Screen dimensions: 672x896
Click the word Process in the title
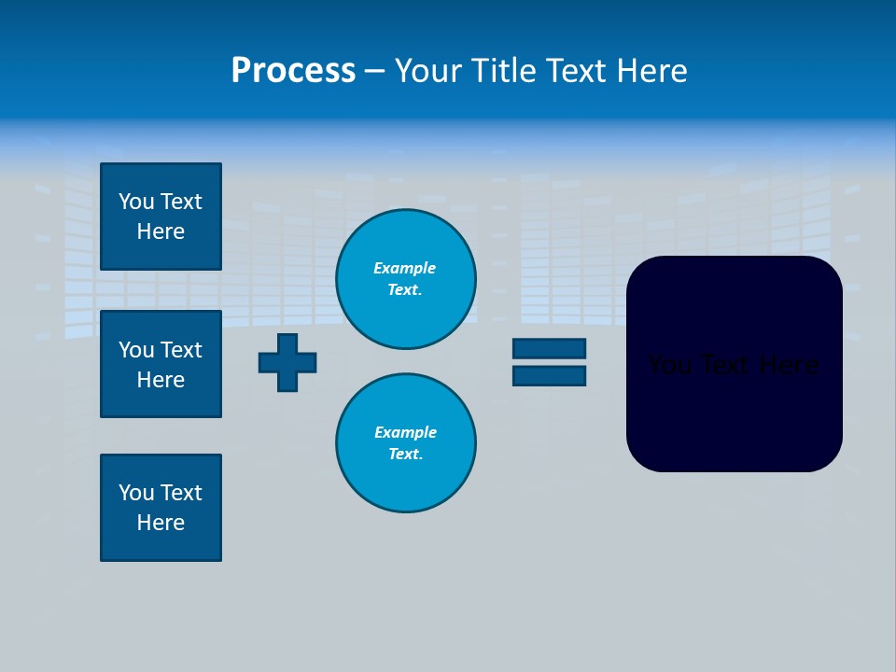tap(293, 71)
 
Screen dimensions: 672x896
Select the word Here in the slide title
tap(651, 71)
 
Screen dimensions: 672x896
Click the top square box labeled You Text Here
tap(161, 217)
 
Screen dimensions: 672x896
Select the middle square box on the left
tap(161, 364)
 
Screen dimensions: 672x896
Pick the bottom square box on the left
tap(161, 508)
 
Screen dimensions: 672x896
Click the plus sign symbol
tap(287, 362)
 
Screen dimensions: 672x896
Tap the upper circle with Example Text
tap(406, 279)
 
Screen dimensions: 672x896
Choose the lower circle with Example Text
tap(406, 443)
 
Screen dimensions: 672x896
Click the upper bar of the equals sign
tap(549, 348)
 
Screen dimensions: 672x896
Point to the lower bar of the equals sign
tap(549, 375)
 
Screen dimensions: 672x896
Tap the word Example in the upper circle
tap(404, 268)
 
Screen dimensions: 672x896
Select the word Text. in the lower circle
tap(405, 455)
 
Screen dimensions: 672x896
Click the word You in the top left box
tap(136, 202)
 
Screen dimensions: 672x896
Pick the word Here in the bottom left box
tap(161, 523)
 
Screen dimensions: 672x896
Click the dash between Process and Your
tap(374, 71)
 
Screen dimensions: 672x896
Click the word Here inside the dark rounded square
tap(789, 365)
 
